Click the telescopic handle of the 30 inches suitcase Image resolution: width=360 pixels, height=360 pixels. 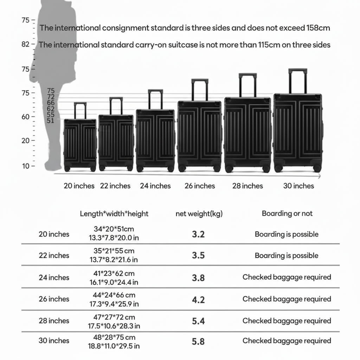[x=298, y=81]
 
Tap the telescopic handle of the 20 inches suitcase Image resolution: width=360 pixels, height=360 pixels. [x=80, y=110]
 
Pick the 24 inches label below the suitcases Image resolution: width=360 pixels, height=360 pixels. [x=155, y=186]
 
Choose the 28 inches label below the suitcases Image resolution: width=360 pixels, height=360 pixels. [x=247, y=186]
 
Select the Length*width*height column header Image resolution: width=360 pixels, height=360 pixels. [x=114, y=214]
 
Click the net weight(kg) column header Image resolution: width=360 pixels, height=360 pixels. [x=199, y=214]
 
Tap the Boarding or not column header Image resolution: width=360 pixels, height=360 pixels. [x=287, y=213]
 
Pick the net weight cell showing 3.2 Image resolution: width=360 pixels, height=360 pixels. [x=198, y=234]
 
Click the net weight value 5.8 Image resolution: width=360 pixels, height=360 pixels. [x=198, y=341]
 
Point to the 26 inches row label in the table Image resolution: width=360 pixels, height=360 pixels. [x=54, y=299]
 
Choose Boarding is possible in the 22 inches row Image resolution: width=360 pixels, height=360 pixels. [x=287, y=256]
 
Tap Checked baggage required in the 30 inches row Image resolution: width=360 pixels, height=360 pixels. [x=287, y=341]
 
